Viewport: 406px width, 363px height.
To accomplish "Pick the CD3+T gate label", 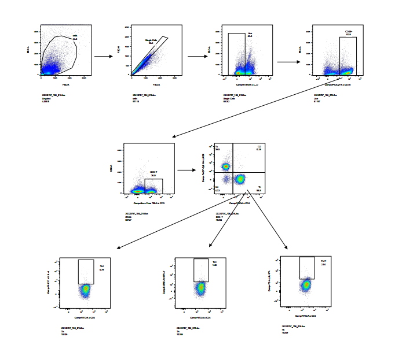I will [153, 172].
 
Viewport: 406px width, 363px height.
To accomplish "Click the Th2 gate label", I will [101, 266].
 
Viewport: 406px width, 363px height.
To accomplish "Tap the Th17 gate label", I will [324, 262].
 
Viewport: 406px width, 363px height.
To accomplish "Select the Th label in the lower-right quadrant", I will [259, 187].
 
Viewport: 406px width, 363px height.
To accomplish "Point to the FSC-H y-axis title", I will [119, 51].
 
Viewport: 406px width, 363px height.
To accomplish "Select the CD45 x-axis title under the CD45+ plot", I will [337, 84].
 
